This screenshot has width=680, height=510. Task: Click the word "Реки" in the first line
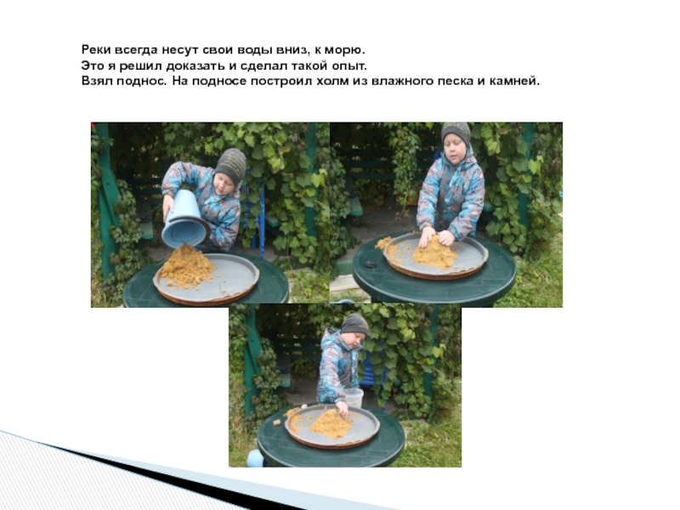pos(97,50)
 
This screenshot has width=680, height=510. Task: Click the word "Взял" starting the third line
pos(98,81)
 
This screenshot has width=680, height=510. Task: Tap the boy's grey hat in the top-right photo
pos(456,133)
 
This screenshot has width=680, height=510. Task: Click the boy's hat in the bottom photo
pos(354,324)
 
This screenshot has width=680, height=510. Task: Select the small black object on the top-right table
pos(371,264)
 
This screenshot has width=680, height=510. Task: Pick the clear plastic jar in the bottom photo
pos(354,397)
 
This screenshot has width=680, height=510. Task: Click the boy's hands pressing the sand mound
pos(436,238)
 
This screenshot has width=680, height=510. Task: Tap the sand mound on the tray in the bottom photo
pos(331,423)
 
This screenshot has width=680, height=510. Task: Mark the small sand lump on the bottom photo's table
pos(277,422)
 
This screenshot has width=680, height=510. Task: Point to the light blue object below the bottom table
pos(255,458)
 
